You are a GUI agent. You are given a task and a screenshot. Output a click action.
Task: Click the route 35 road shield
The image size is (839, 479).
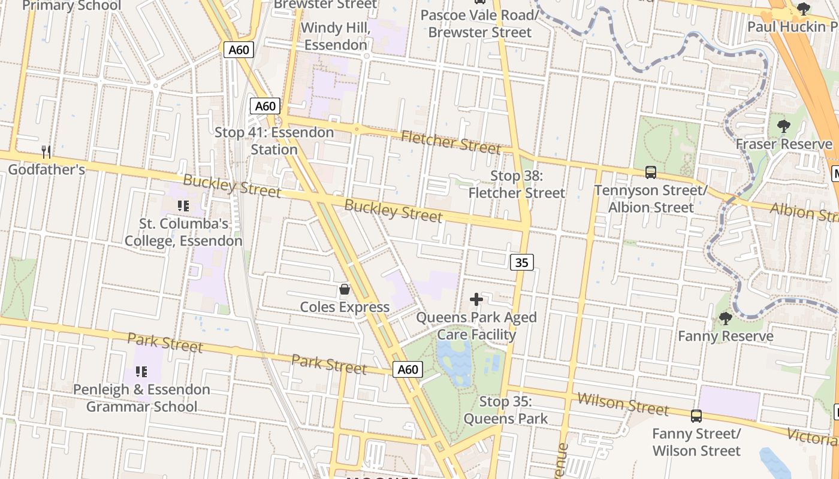pyautogui.click(x=522, y=262)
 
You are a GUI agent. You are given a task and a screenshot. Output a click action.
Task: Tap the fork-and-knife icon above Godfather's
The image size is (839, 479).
pyautogui.click(x=46, y=152)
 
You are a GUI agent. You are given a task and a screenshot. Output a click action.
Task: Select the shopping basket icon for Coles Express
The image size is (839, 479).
pyautogui.click(x=345, y=290)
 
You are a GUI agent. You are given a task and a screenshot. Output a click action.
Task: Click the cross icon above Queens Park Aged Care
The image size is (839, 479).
pyautogui.click(x=476, y=299)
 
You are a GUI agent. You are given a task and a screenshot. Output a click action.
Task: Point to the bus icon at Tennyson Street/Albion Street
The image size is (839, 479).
pyautogui.click(x=651, y=172)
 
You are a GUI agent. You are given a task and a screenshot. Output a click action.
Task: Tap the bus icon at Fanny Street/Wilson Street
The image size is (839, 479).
pyautogui.click(x=696, y=416)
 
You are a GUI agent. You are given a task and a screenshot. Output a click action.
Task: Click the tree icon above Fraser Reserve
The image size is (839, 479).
pyautogui.click(x=783, y=126)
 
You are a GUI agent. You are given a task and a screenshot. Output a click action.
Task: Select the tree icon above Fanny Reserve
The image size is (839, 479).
pyautogui.click(x=725, y=318)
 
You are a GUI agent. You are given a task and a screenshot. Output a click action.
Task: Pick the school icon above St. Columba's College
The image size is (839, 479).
pyautogui.click(x=183, y=207)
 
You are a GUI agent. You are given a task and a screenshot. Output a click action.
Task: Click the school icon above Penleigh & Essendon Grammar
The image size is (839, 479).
pyautogui.click(x=141, y=372)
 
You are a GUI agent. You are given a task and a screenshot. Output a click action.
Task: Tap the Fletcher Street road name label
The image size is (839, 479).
pyautogui.click(x=451, y=142)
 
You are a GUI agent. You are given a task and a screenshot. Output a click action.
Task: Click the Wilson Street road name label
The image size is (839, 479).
pyautogui.click(x=623, y=405)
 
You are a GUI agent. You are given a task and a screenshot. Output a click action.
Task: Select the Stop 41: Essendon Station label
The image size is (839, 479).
pyautogui.click(x=274, y=141)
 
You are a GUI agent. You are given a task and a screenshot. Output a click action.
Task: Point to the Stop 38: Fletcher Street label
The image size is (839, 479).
pyautogui.click(x=517, y=184)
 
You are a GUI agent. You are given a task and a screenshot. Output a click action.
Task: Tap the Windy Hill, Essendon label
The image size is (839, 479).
pyautogui.click(x=335, y=37)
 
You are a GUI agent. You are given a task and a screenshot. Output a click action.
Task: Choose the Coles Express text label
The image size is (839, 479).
pyautogui.click(x=345, y=307)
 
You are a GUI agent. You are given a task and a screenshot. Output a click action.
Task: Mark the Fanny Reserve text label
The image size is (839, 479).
pyautogui.click(x=725, y=336)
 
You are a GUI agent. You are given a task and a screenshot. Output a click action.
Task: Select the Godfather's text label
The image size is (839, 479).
pyautogui.click(x=46, y=169)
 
